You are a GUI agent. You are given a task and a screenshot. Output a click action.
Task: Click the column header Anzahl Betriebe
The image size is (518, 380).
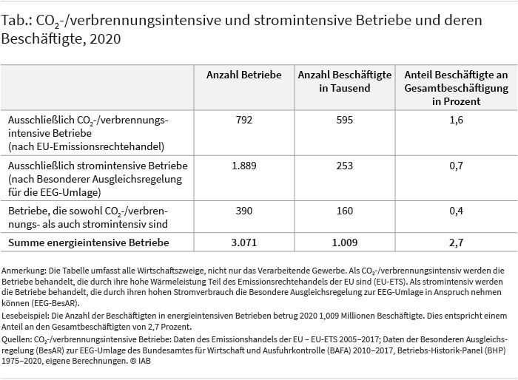click(243, 75)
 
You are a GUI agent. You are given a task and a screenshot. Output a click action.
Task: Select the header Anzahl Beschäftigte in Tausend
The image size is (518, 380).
click(345, 81)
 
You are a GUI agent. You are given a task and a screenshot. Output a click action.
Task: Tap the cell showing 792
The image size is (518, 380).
click(244, 120)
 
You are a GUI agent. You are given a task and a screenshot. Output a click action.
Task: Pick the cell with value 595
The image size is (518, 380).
click(345, 120)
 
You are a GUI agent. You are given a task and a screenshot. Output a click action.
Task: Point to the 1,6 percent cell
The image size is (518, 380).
click(457, 120)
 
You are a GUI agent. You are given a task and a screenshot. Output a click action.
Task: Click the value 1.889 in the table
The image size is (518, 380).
click(244, 166)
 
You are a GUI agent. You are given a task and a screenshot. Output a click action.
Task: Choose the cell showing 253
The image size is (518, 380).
click(345, 166)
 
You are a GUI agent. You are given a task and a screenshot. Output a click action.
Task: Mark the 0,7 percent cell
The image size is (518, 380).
click(457, 166)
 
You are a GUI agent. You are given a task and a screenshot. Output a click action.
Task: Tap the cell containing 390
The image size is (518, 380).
click(244, 211)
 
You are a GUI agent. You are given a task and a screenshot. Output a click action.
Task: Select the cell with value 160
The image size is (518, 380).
click(345, 211)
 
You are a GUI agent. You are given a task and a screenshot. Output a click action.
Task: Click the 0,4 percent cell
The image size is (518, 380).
click(457, 211)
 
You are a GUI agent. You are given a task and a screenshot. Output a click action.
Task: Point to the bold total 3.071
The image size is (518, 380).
click(244, 242)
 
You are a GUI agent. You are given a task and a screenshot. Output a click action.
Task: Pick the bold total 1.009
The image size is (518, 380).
click(345, 242)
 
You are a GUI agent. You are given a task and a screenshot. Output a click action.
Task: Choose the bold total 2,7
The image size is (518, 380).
click(457, 242)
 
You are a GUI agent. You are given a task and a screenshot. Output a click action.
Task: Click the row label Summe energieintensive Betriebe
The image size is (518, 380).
click(89, 242)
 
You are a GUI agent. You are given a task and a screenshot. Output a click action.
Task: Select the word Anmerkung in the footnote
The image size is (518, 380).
click(23, 271)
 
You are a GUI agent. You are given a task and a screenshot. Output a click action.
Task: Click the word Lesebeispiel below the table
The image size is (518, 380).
click(25, 316)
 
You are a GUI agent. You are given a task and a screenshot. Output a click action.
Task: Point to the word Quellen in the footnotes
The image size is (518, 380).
click(16, 339)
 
